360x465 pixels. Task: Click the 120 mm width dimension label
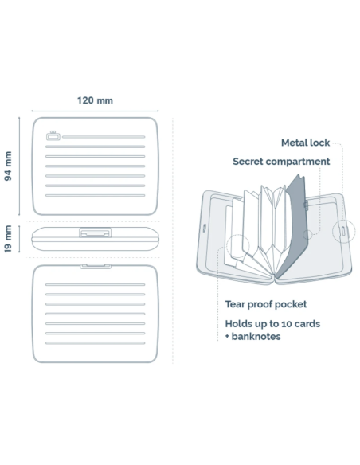(x=95, y=100)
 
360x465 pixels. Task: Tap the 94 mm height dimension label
(x=8, y=166)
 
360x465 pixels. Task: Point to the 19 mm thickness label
(x=8, y=239)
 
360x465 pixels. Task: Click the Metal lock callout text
(x=305, y=143)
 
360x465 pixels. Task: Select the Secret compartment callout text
(x=281, y=162)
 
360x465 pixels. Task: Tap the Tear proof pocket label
(x=266, y=304)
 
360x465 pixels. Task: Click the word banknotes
(x=256, y=337)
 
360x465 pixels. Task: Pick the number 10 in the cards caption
(x=287, y=323)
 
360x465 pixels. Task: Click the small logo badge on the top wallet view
(x=53, y=136)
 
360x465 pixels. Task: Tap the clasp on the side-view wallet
(x=96, y=232)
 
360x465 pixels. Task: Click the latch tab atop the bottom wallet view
(x=96, y=266)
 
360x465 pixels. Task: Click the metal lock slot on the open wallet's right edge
(x=343, y=231)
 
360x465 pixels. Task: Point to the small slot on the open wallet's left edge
(x=205, y=228)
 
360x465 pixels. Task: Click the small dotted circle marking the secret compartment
(x=307, y=235)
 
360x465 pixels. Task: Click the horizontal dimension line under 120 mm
(x=95, y=111)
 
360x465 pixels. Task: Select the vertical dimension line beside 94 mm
(x=19, y=166)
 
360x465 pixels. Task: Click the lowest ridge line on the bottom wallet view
(x=96, y=343)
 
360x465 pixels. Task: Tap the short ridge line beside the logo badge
(x=104, y=137)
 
